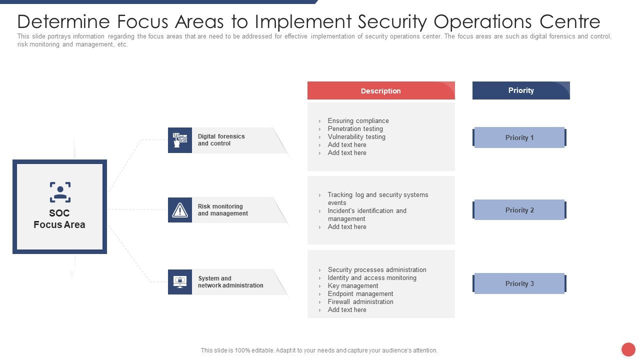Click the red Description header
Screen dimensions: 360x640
click(x=381, y=91)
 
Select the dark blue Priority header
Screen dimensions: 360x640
click(x=521, y=90)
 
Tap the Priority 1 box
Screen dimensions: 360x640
click(x=519, y=137)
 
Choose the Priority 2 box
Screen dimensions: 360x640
click(x=519, y=210)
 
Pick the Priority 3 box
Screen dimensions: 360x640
click(x=519, y=283)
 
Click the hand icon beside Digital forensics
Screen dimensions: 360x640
click(x=180, y=140)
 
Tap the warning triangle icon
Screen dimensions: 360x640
click(x=180, y=210)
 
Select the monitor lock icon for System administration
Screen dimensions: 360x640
click(x=180, y=282)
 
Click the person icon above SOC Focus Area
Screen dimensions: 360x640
click(x=60, y=192)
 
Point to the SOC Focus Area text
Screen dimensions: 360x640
click(x=59, y=219)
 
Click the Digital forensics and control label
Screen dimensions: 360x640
click(x=221, y=140)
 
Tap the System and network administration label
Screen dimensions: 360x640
click(x=230, y=282)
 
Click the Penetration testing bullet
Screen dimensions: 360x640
click(x=355, y=129)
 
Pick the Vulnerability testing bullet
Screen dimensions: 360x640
click(x=356, y=137)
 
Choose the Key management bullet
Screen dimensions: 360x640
click(x=353, y=286)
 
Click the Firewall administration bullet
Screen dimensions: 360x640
click(x=360, y=302)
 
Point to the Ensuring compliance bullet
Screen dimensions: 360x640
click(x=358, y=121)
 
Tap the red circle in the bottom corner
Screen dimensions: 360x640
click(x=628, y=349)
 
